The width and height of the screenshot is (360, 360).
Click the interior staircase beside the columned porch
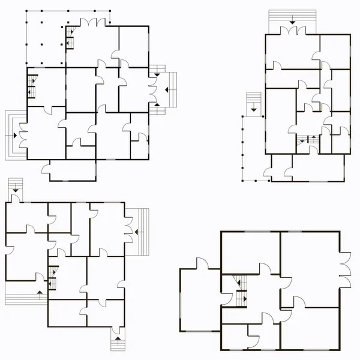70,37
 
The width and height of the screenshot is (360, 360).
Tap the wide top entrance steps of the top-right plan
292,22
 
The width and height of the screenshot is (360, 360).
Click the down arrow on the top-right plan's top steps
292,22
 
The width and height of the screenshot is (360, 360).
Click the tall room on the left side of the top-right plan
280,120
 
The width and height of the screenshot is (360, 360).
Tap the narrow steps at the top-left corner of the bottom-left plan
14,187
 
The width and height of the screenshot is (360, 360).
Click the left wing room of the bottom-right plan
200,300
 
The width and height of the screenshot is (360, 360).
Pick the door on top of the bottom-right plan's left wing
200,264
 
